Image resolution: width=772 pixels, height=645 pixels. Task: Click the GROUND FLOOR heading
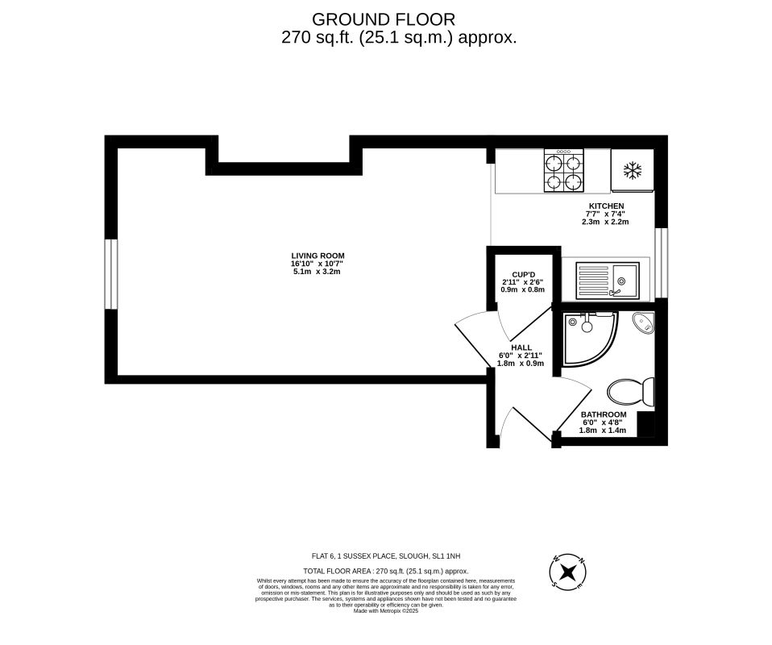tap(383, 19)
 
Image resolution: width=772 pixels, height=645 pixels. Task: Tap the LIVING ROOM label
tap(318, 256)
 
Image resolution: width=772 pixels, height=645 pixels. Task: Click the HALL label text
tap(521, 347)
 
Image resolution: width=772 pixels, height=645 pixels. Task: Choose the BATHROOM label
tap(604, 414)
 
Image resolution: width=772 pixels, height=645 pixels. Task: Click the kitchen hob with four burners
tap(563, 171)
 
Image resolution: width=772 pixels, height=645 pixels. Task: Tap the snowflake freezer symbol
tap(633, 171)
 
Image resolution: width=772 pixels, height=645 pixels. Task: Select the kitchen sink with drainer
tap(607, 279)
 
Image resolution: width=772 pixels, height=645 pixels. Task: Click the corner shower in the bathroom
tap(588, 336)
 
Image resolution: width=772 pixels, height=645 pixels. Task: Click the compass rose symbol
tap(568, 572)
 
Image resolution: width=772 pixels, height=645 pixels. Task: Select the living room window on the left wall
tap(112, 275)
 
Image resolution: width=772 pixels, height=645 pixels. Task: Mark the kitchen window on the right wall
tap(662, 263)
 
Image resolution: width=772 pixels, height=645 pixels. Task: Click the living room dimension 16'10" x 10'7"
tap(318, 264)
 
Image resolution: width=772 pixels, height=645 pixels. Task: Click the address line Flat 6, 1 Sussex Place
tap(386, 556)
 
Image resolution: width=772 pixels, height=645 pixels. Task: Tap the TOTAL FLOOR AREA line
tap(386, 570)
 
